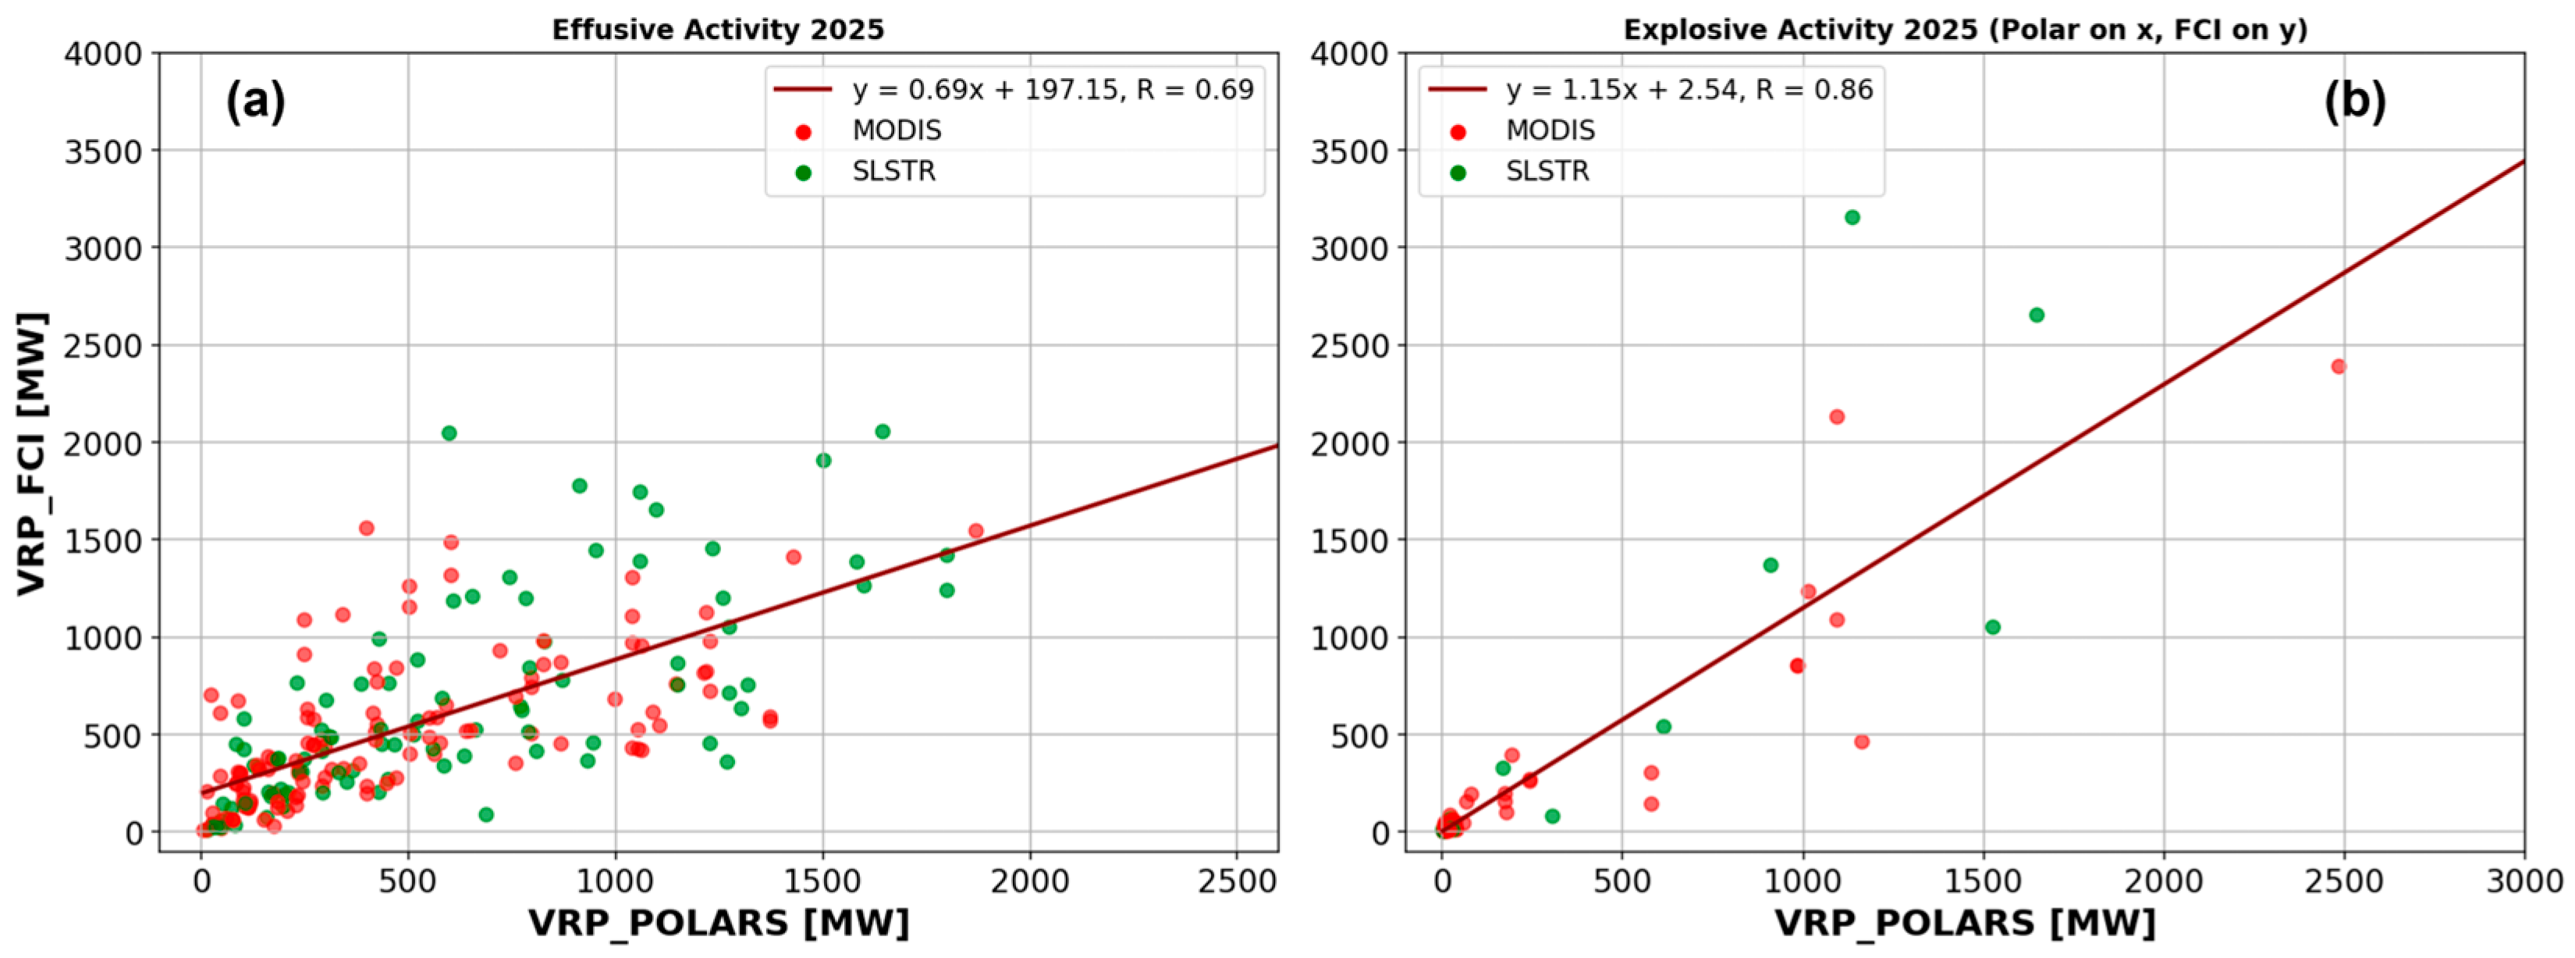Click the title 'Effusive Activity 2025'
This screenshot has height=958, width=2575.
[x=718, y=29]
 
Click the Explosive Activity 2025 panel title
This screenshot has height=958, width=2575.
[x=1966, y=29]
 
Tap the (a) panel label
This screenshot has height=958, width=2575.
[x=255, y=101]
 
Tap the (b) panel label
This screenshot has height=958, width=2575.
[x=2354, y=101]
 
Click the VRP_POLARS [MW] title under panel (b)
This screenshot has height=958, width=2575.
[x=1966, y=922]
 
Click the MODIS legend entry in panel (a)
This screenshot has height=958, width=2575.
[x=896, y=131]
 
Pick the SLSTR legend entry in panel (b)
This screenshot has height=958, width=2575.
[x=1547, y=172]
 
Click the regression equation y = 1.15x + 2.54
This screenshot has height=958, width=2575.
[x=1689, y=90]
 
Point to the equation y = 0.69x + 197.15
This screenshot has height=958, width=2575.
[x=1052, y=90]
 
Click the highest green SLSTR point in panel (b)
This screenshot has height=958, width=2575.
[x=1852, y=218]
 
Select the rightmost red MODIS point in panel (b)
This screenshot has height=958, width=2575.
[x=2338, y=367]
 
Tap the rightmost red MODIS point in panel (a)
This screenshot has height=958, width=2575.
[x=975, y=531]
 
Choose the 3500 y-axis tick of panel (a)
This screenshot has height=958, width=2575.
[x=104, y=151]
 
